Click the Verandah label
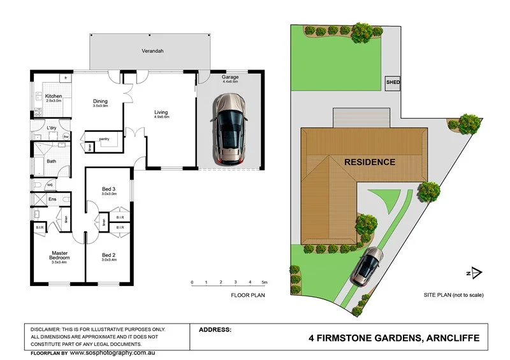(x=150, y=50)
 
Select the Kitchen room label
(x=54, y=96)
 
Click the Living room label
(x=161, y=113)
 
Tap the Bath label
(x=51, y=161)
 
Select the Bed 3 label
(x=109, y=189)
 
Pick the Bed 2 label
(x=109, y=255)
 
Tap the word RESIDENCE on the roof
(x=370, y=162)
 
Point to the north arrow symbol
(x=473, y=273)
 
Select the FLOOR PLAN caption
(x=248, y=296)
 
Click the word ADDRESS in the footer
(x=215, y=330)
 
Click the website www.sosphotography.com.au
(x=117, y=352)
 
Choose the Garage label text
(x=230, y=77)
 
